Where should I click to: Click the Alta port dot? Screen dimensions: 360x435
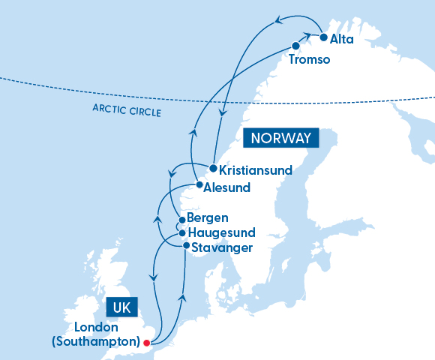click(323, 37)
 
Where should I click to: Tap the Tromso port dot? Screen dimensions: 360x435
click(295, 46)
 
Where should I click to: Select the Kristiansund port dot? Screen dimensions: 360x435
click(213, 168)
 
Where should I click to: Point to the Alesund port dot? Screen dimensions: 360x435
click(198, 184)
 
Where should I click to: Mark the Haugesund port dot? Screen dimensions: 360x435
click(181, 232)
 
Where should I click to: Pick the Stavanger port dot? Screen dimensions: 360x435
click(186, 245)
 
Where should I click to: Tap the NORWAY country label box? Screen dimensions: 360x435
click(281, 139)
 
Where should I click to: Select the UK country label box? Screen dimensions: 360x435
click(123, 307)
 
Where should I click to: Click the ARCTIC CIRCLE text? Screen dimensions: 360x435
click(128, 111)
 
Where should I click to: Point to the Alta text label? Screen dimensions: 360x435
click(341, 37)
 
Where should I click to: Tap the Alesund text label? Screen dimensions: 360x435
click(226, 187)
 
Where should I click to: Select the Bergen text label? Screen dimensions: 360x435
click(208, 219)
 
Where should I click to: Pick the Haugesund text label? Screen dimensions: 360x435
click(221, 232)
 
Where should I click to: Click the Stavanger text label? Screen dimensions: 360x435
click(221, 247)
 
